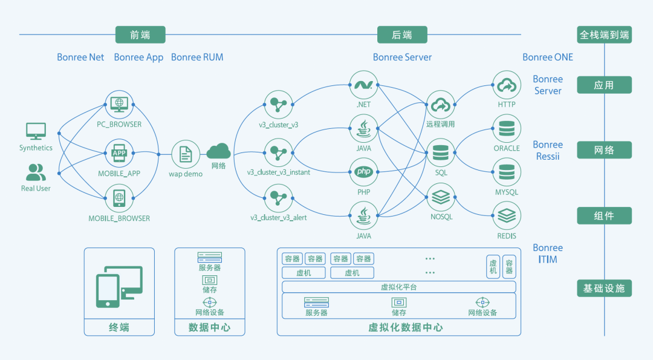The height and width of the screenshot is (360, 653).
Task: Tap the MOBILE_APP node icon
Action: click(119, 154)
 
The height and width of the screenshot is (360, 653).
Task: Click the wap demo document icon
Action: click(185, 154)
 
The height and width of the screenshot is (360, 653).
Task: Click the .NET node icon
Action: click(363, 85)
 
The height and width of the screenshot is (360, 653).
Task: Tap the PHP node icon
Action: click(363, 172)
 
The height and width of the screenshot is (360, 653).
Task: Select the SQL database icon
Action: click(440, 153)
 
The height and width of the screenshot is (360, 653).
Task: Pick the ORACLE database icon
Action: click(507, 129)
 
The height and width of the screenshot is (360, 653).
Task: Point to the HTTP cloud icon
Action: click(507, 85)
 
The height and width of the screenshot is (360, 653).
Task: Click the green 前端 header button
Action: click(140, 35)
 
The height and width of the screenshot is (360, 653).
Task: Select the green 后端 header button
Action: click(402, 35)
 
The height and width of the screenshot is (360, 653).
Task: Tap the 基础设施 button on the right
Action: click(604, 289)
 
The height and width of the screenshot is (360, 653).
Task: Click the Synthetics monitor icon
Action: click(36, 131)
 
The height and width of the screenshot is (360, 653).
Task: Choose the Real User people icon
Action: click(36, 172)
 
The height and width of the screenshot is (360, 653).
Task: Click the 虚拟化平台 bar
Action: click(398, 287)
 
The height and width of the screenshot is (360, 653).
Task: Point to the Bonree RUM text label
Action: click(197, 57)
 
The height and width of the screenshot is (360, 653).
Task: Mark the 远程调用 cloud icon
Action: click(440, 105)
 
